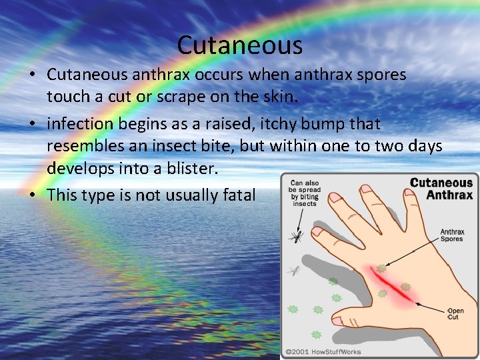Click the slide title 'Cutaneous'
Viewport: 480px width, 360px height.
pyautogui.click(x=240, y=45)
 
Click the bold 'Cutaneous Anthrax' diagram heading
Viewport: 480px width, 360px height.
pyautogui.click(x=441, y=189)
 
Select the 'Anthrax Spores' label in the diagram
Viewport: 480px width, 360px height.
pyautogui.click(x=452, y=237)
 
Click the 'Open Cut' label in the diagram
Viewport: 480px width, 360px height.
pyautogui.click(x=455, y=314)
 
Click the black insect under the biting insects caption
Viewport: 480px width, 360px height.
pyautogui.click(x=295, y=236)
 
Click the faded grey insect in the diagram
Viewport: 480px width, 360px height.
pyautogui.click(x=293, y=271)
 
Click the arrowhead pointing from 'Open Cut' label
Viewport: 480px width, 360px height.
pyautogui.click(x=418, y=303)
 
